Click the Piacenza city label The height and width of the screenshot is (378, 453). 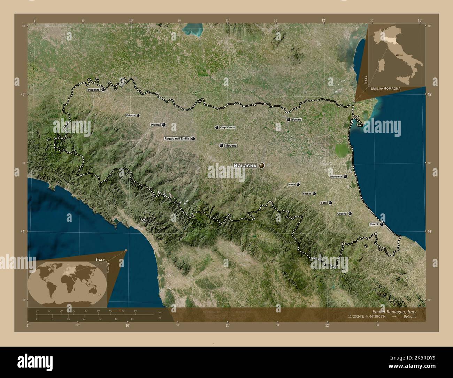pos(94,90)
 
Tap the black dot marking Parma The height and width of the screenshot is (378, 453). pos(163,124)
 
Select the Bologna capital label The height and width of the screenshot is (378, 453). pos(246,166)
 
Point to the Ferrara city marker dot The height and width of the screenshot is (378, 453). pos(289,120)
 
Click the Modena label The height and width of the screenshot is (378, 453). pos(231,145)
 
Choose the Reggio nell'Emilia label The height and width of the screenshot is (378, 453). pos(177,138)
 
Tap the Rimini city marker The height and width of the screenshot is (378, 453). pos(382,224)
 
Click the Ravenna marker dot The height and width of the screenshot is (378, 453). pos(345,177)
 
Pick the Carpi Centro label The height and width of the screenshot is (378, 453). pos(228,128)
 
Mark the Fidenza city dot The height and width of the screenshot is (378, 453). pos(138,115)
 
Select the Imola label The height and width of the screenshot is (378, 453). pos(292,184)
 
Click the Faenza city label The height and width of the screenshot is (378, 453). pos(307,194)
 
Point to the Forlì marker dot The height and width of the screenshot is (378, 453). pos(330,203)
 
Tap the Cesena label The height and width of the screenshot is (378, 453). pos(342,214)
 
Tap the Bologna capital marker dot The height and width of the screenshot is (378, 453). pos(262,166)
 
